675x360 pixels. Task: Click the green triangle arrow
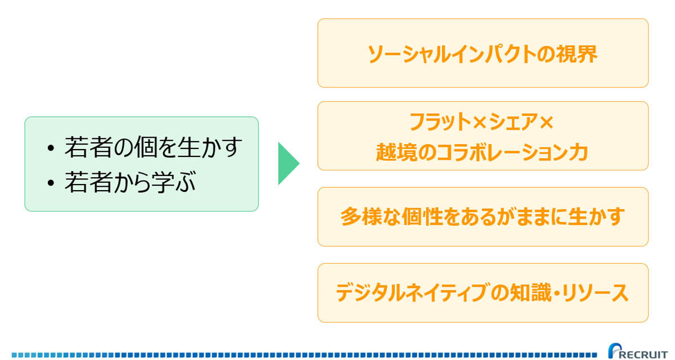pos(288,163)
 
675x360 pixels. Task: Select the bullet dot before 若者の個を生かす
pos(51,148)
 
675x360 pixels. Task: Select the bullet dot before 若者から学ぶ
pos(51,183)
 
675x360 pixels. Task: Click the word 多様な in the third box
pos(371,217)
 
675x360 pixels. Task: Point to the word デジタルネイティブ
pos(411,292)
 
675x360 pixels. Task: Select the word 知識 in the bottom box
pos(530,292)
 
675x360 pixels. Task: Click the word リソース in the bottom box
pos(596,292)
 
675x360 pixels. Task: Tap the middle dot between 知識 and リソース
pos(556,292)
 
